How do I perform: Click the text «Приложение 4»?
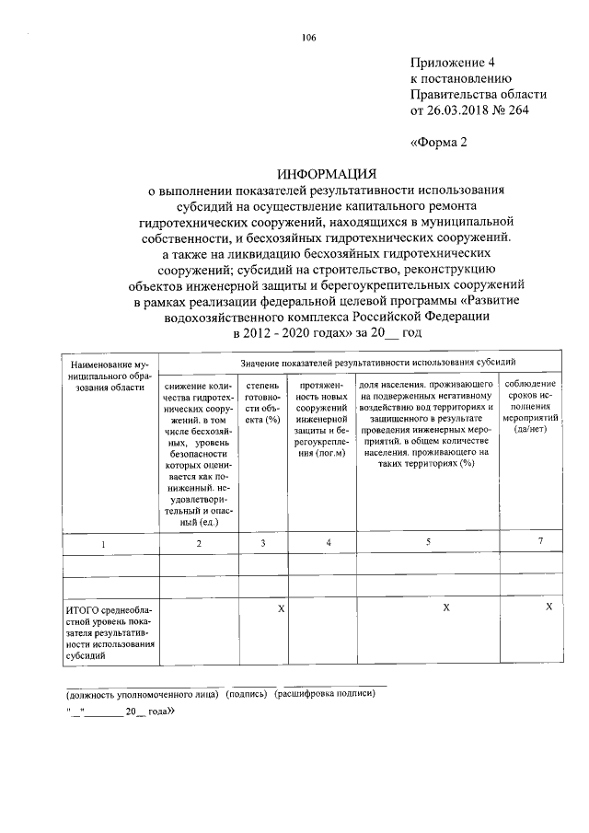(x=452, y=63)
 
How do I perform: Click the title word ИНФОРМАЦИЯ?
(x=328, y=173)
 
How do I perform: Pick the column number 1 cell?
(x=103, y=544)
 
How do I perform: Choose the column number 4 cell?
(x=329, y=544)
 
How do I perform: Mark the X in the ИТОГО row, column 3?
(x=281, y=608)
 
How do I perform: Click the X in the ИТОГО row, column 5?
(x=445, y=608)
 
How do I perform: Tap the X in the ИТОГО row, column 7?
(x=549, y=607)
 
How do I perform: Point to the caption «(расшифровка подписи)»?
(x=325, y=694)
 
